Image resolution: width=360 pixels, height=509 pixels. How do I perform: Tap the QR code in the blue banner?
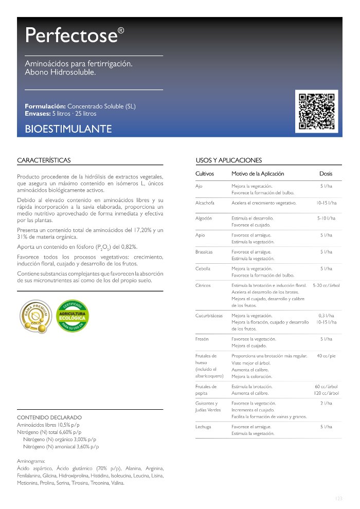[317, 110]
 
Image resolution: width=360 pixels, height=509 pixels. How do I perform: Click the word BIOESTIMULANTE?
[68, 129]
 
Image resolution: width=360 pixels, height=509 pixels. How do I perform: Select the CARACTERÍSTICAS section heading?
[44, 160]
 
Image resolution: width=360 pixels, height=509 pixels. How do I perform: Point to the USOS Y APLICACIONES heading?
[229, 160]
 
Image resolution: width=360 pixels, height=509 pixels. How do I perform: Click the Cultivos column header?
[205, 174]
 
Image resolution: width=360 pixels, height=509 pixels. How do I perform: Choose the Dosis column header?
[326, 174]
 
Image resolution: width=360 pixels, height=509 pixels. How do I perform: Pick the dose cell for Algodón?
[326, 219]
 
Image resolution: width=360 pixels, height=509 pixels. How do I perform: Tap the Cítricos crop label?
[203, 285]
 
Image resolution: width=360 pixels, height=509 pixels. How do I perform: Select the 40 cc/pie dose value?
[326, 356]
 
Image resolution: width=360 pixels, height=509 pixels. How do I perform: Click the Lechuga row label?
[204, 427]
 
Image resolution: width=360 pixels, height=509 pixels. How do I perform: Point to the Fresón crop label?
[202, 339]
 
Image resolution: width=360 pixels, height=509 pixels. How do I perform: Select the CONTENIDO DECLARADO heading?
[49, 417]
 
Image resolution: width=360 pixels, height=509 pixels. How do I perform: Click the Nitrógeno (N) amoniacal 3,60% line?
[61, 447]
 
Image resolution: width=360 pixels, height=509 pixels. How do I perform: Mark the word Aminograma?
[31, 462]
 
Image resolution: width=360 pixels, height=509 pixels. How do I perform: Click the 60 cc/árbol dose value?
[326, 387]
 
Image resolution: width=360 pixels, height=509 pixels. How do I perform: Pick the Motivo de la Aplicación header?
[258, 174]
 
